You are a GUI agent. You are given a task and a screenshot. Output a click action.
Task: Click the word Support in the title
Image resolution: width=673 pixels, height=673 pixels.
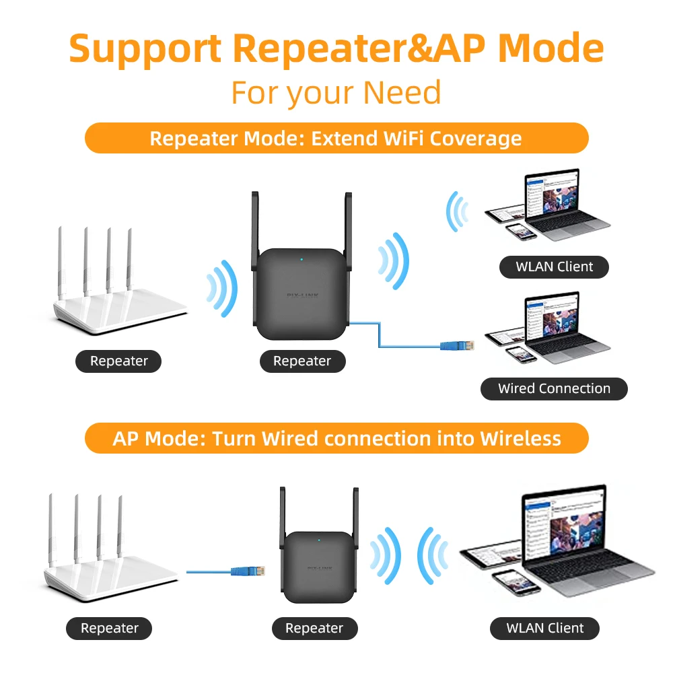tap(145, 49)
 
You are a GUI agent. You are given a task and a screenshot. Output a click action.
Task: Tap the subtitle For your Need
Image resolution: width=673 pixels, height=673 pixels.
tap(336, 92)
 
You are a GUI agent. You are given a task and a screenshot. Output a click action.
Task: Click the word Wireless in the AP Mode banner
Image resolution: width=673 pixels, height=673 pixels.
tap(520, 439)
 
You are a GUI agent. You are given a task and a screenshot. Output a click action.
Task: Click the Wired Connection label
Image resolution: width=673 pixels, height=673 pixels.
tap(554, 388)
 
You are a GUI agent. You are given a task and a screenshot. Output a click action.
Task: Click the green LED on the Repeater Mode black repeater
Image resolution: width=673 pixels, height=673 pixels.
tap(302, 258)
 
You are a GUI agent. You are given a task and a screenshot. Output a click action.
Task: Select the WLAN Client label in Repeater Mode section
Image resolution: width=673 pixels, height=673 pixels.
tap(554, 267)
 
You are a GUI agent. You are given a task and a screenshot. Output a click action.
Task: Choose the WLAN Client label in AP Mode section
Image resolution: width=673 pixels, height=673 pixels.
tap(544, 628)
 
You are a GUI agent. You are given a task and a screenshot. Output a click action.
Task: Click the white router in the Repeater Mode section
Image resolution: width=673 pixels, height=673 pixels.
tap(118, 296)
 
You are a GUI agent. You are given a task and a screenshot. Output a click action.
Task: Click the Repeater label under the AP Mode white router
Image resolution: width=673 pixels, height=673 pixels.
tap(109, 628)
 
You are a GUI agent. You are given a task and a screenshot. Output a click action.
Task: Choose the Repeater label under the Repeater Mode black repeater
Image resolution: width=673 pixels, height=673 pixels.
tap(302, 361)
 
